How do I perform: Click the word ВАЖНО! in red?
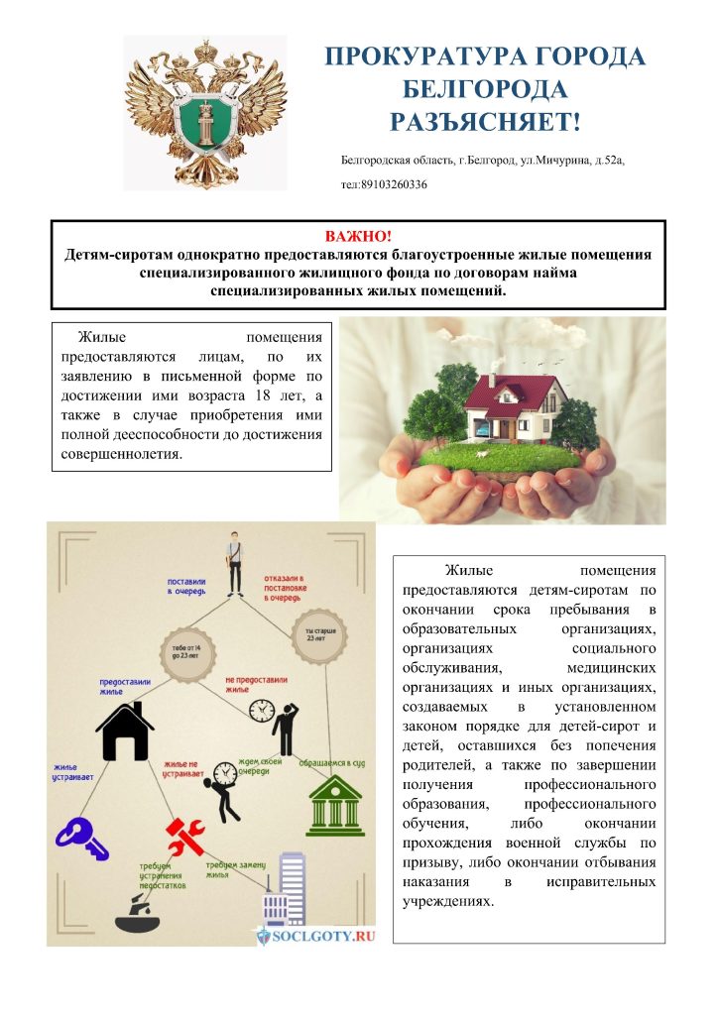click(358, 236)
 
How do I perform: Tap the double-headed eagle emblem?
click(205, 112)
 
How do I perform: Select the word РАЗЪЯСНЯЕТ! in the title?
click(484, 122)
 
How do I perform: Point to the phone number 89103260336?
click(394, 183)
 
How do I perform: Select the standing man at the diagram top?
click(235, 562)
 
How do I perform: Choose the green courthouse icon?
click(335, 804)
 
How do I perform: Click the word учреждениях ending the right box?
click(447, 903)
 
